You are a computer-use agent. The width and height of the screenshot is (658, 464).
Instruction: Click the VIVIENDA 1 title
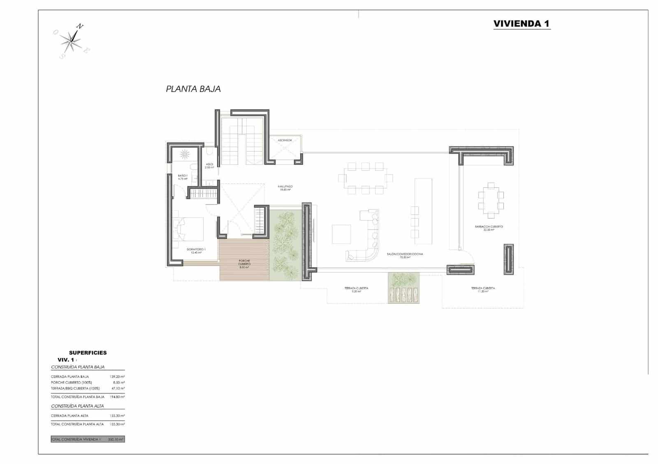pos(521,23)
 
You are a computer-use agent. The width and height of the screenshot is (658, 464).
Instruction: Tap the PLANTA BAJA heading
pos(193,89)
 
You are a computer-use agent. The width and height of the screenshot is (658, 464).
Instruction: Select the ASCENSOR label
pos(285,140)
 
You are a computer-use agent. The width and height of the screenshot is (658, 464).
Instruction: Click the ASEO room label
pos(209,165)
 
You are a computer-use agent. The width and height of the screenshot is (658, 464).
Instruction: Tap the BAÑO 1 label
pos(183,177)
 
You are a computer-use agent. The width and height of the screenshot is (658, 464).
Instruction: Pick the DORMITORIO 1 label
pos(196,250)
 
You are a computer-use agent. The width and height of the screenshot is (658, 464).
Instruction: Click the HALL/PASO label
pos(285,188)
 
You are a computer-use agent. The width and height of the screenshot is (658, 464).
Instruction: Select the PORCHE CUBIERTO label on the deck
pos(244,263)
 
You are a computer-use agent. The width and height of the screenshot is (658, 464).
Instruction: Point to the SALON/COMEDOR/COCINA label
pos(405,255)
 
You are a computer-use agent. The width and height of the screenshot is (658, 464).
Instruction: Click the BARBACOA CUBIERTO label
pos(489,228)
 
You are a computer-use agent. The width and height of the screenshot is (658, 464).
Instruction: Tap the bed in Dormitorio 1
pos(190,229)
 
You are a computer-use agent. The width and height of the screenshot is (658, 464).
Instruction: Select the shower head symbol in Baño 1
pos(184,154)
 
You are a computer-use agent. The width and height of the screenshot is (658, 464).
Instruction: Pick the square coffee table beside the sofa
pos(341,234)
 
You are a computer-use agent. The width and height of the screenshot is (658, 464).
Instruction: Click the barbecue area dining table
pos(491,200)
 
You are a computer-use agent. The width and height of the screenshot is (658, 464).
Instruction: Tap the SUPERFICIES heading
pos(88,353)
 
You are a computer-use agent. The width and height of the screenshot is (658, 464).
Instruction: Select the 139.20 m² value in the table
pos(117,377)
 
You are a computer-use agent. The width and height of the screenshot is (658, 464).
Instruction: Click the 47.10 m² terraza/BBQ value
pos(118,388)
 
